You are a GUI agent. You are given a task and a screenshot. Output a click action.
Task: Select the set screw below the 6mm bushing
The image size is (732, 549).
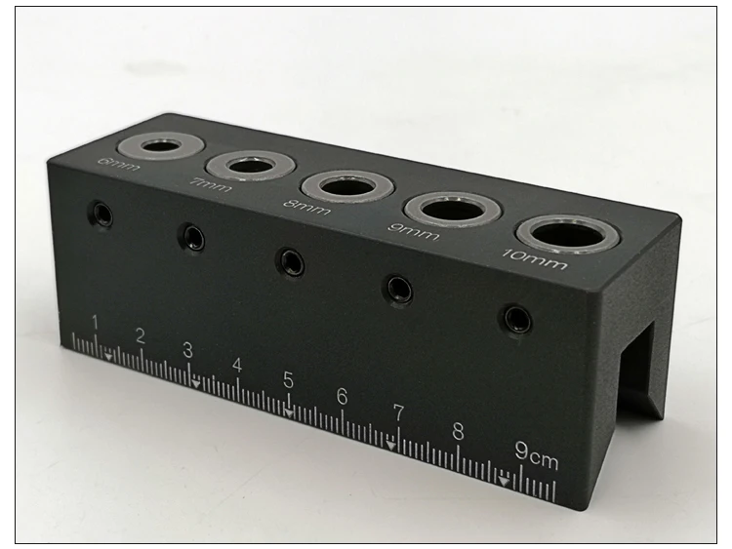[x=100, y=215]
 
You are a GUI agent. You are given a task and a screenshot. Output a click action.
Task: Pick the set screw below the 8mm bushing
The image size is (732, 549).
[x=291, y=261]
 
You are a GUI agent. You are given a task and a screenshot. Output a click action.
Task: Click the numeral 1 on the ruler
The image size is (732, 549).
[x=95, y=322]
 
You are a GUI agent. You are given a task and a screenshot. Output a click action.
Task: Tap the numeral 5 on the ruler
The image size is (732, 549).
[x=289, y=380]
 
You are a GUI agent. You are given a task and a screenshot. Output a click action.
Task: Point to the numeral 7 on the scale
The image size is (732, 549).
[x=397, y=412]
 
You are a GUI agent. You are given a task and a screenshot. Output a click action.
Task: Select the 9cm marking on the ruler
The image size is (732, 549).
[x=537, y=452]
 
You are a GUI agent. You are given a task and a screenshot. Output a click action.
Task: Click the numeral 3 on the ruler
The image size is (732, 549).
[x=187, y=349]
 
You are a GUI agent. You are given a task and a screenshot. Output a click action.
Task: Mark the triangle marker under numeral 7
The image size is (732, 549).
[x=391, y=446]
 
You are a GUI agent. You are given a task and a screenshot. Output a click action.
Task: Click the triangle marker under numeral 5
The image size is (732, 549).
[x=289, y=411]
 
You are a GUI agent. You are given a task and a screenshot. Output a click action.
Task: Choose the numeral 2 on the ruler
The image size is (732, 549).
[x=140, y=336]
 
